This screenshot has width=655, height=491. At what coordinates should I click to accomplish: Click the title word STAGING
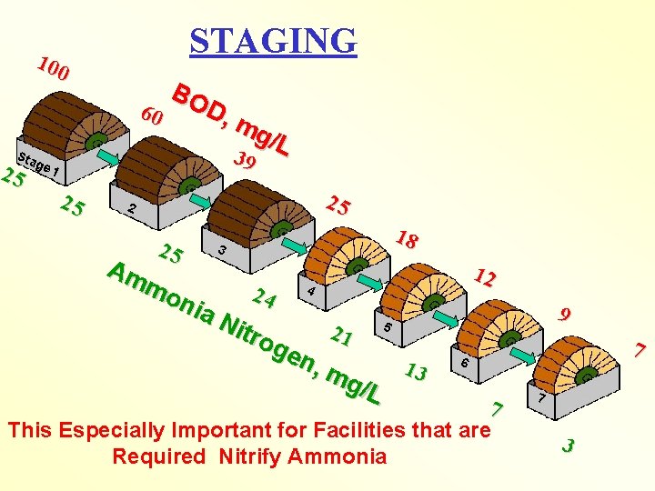tap(273, 40)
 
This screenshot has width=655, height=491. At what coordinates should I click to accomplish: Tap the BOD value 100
tap(55, 69)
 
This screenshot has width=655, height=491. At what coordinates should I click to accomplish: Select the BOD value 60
tap(153, 116)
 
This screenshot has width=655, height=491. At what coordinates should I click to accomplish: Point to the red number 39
tap(245, 162)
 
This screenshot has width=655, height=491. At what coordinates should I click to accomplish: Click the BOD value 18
tap(407, 240)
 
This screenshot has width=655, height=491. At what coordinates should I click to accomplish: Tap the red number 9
tap(566, 316)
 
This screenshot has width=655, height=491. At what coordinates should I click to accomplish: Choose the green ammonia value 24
tap(264, 296)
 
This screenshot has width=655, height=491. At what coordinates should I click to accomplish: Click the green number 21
tap(341, 336)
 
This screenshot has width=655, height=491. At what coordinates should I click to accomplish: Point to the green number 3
tap(568, 446)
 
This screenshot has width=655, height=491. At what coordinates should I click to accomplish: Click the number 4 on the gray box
tap(311, 293)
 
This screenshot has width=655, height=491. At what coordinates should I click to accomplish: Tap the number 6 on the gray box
tap(465, 363)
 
